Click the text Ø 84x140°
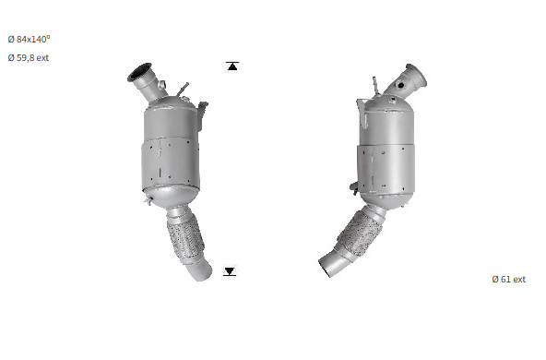pos(29,39)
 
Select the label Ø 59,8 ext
pos(29,58)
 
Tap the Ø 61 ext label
pos(509,279)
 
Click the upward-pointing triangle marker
pos(232,66)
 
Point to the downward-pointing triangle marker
pos(230,271)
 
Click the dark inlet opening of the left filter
pos(139,72)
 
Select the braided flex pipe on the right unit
pos(361,233)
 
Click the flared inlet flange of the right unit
pos(417,75)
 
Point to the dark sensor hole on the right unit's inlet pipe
pos(401,85)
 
